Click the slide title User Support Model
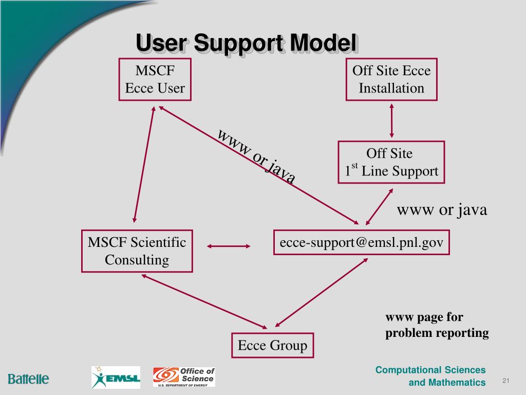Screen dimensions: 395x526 (246, 43)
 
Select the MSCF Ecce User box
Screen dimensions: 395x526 (155, 79)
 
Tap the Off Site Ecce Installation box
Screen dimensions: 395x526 (391, 79)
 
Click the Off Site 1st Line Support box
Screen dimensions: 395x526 (391, 163)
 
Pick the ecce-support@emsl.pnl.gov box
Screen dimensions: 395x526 (361, 242)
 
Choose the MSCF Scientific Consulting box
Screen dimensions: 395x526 (137, 250)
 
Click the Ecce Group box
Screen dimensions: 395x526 (272, 346)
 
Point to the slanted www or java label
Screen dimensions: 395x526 (256, 157)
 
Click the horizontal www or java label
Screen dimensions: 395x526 (442, 210)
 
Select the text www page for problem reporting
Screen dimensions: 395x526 (437, 325)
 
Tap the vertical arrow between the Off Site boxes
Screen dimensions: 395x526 (392, 120)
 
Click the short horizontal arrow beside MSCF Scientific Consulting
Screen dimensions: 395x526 (229, 247)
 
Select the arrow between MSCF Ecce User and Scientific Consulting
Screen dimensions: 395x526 (144, 165)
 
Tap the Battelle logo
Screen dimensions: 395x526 (28, 380)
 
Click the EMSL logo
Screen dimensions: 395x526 (116, 378)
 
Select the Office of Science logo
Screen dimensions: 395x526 (184, 377)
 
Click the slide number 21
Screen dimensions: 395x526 (505, 381)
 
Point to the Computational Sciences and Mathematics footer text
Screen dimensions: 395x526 (430, 376)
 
